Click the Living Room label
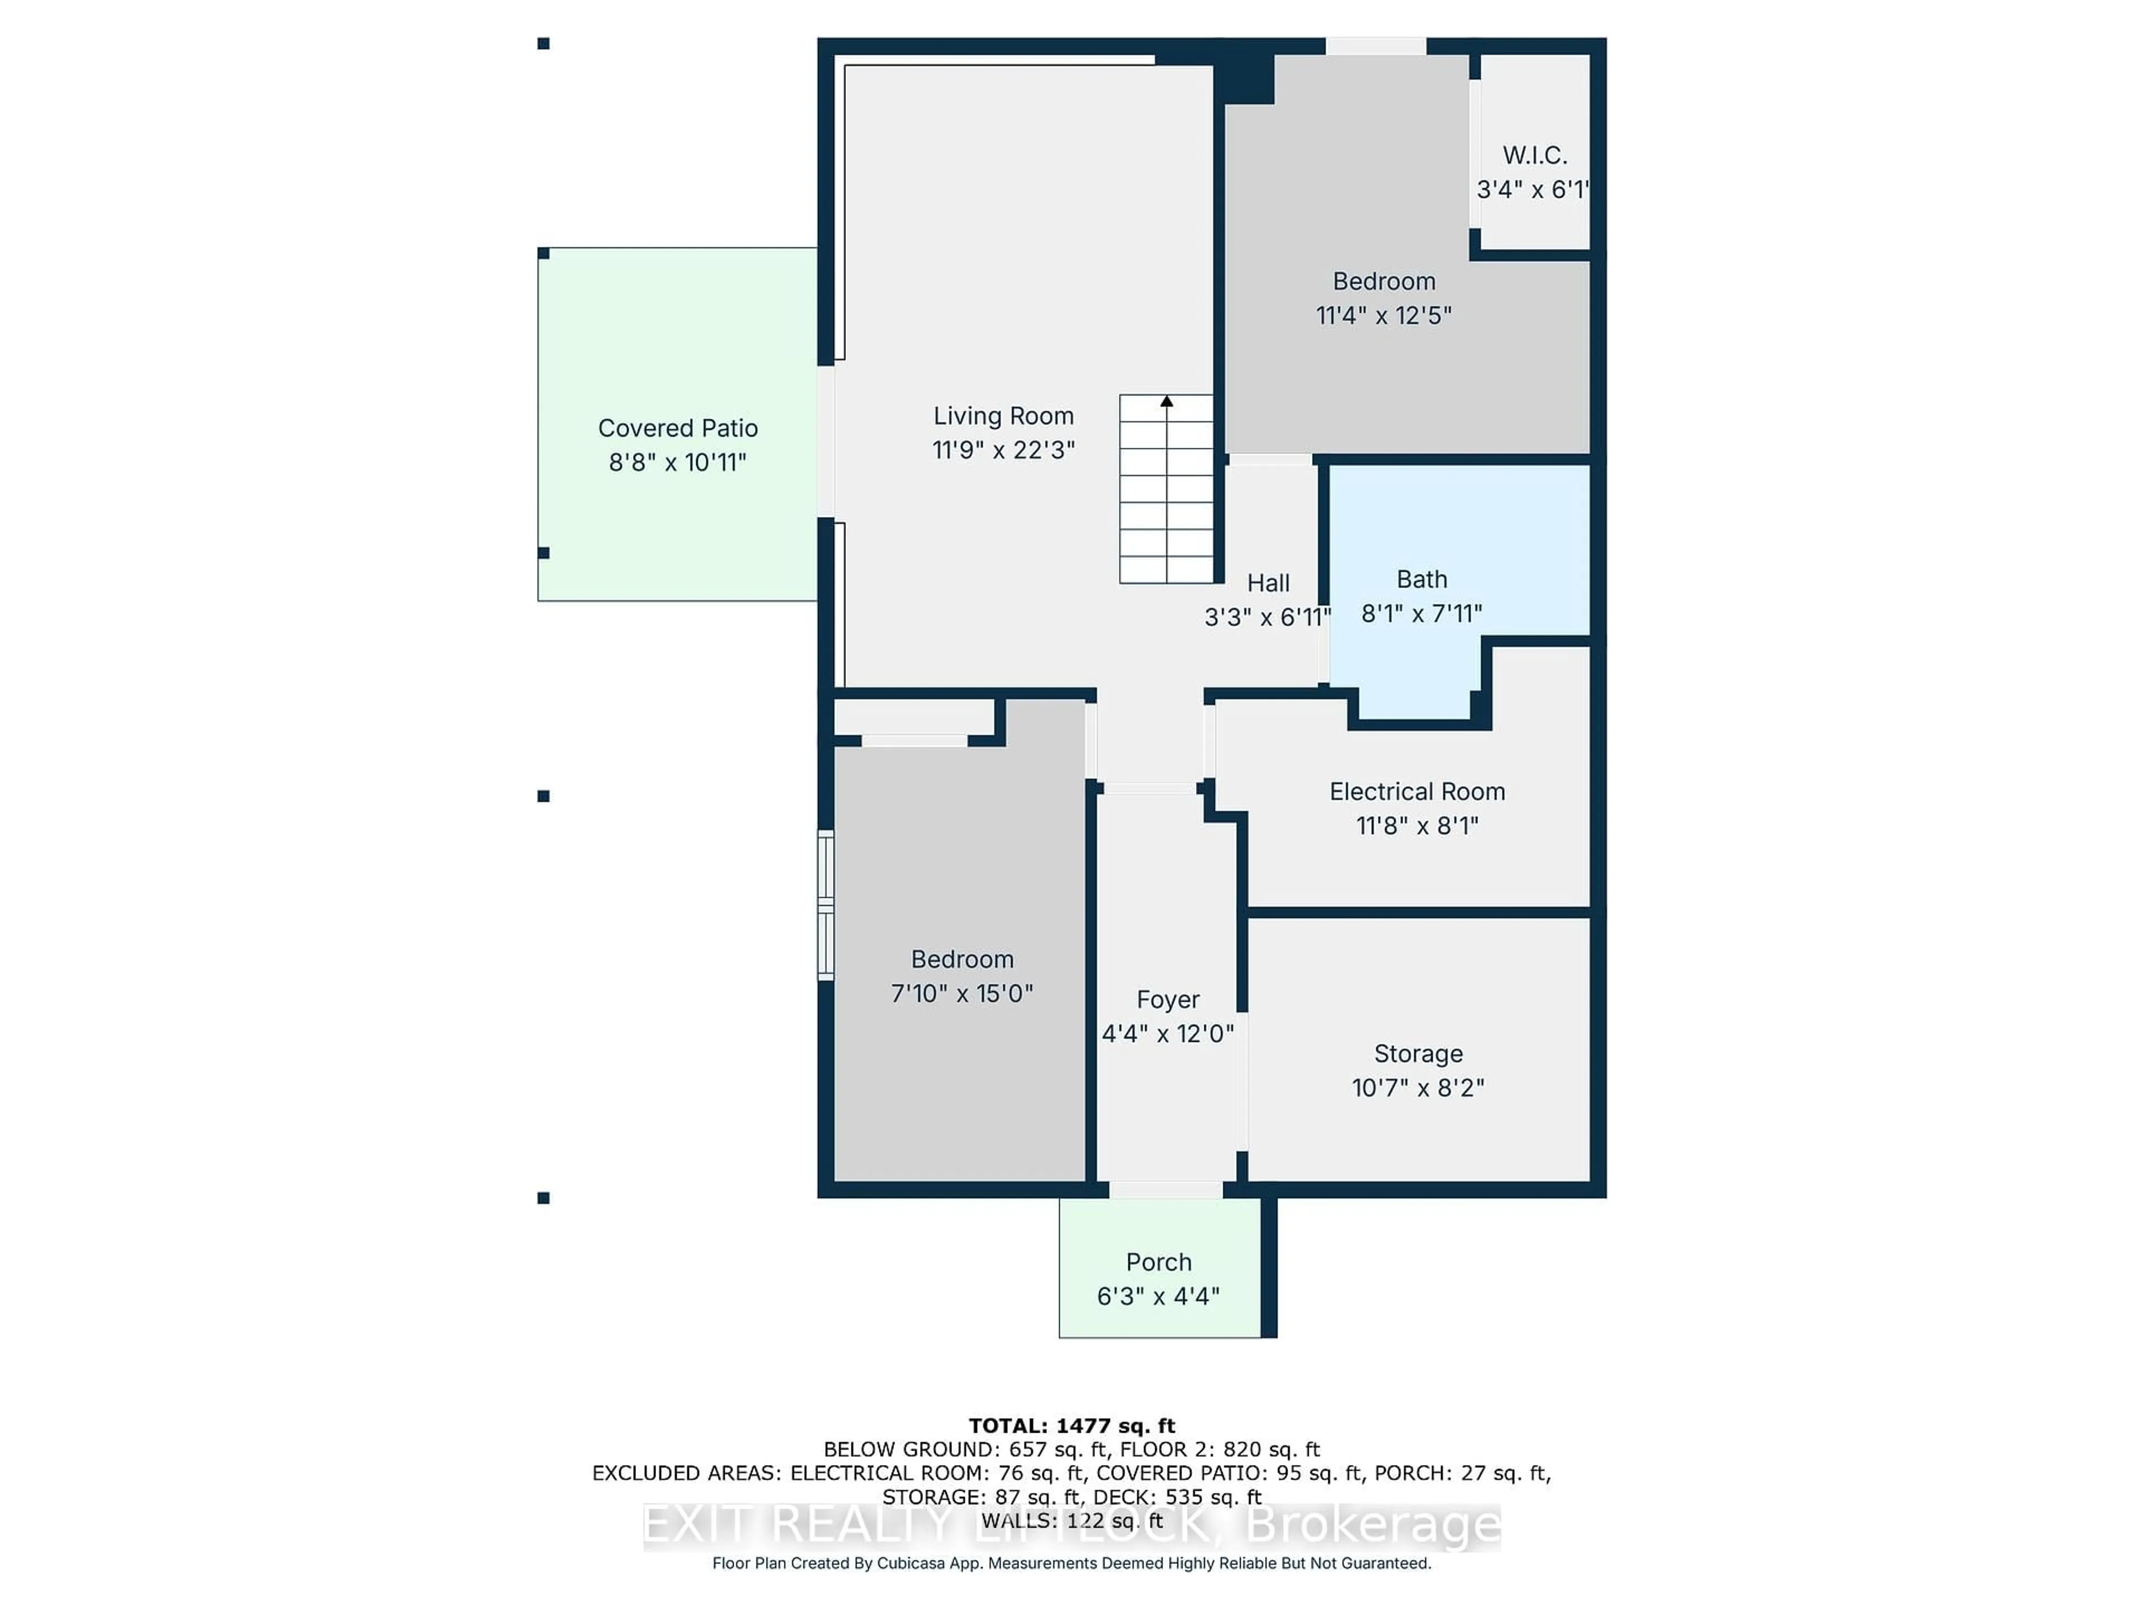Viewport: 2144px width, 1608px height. click(x=1003, y=416)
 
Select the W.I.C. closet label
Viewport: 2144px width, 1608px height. click(x=1534, y=155)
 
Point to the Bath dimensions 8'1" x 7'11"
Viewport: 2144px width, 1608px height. click(x=1421, y=614)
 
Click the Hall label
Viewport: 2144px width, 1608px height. click(x=1268, y=582)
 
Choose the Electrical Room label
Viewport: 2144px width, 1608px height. click(x=1417, y=791)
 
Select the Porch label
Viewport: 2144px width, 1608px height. click(x=1159, y=1262)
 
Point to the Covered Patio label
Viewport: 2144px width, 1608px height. click(x=677, y=428)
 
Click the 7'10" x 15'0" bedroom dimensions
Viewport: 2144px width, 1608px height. click(x=961, y=993)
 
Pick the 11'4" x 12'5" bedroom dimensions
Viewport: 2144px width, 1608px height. click(x=1383, y=315)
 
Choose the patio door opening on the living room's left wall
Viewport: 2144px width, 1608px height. click(x=826, y=441)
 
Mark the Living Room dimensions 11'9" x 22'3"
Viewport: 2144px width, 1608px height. click(x=1003, y=449)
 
